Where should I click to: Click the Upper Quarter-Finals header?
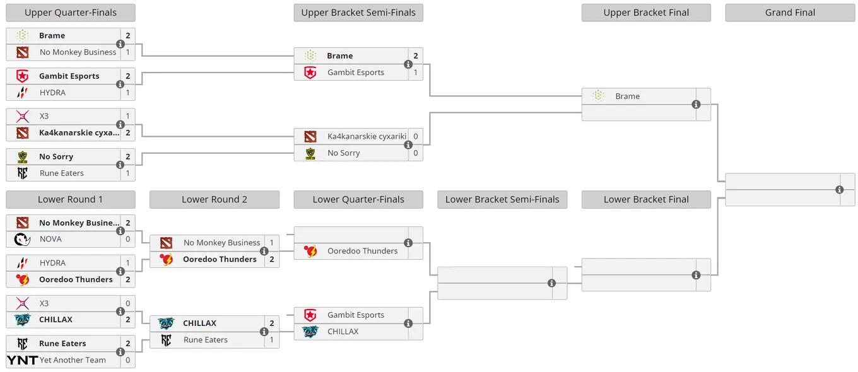tap(71, 13)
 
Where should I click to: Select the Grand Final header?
tap(790, 13)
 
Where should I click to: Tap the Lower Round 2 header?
tap(214, 199)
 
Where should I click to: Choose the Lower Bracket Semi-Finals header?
tap(502, 199)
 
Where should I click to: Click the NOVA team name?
tap(50, 239)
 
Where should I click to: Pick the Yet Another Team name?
tap(73, 360)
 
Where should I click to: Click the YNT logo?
tap(22, 360)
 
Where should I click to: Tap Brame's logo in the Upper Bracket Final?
tap(598, 96)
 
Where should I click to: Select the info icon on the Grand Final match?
tap(840, 190)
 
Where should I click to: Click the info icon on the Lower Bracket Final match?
tap(696, 275)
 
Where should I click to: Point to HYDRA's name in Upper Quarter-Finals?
tap(52, 93)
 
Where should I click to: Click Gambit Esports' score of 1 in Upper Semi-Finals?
tap(416, 73)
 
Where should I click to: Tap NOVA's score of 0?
tap(128, 239)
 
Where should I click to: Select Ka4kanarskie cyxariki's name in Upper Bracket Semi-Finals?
tap(367, 136)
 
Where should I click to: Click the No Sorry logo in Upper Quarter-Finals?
tap(23, 156)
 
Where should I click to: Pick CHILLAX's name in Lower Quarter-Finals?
tap(343, 332)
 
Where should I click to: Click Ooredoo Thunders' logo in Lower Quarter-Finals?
tap(310, 251)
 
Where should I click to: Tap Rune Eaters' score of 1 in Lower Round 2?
tap(271, 340)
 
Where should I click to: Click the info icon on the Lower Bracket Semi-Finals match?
tap(551, 283)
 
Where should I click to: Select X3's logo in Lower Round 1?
tap(23, 303)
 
